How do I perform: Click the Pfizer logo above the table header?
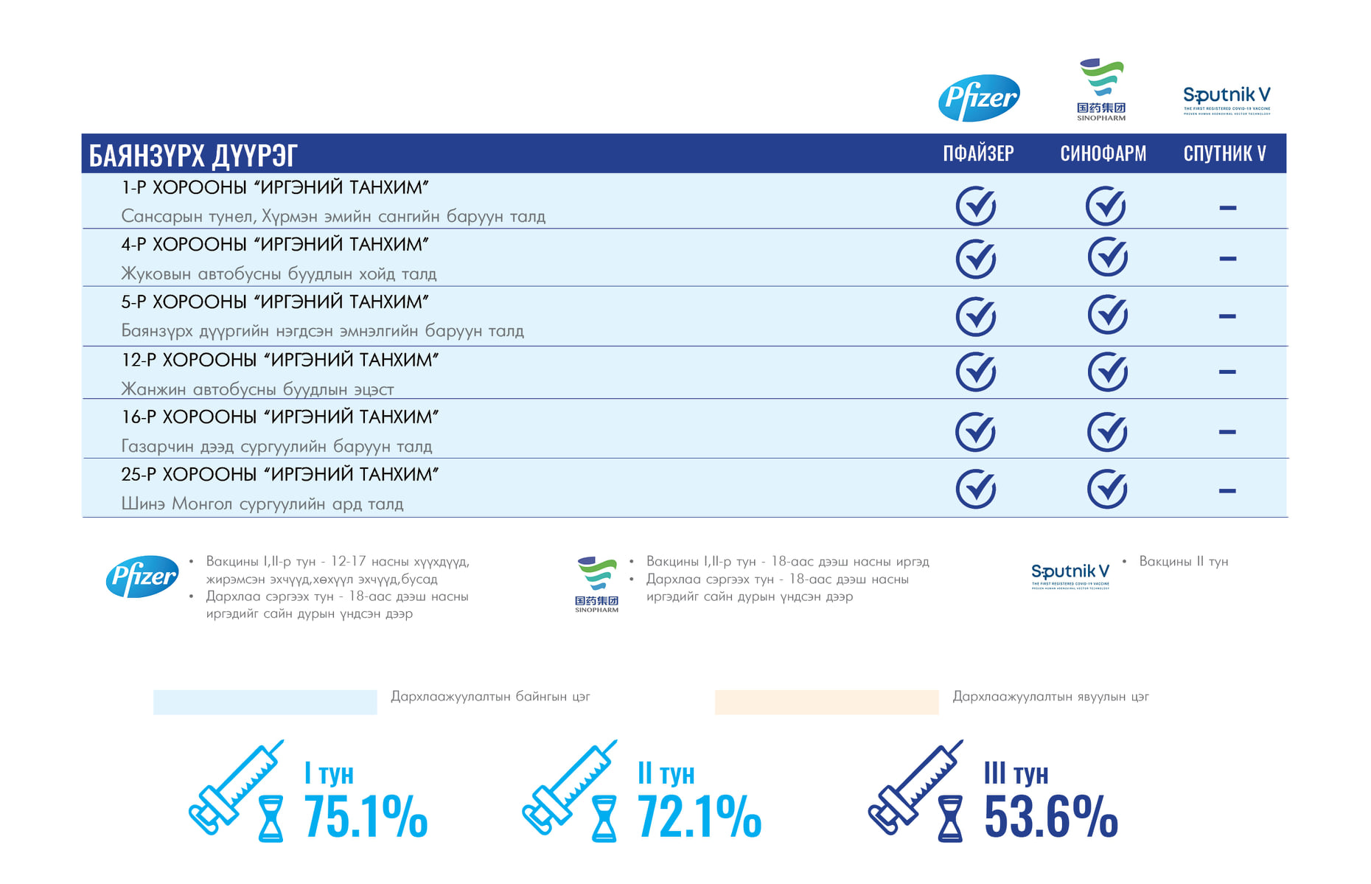(x=979, y=97)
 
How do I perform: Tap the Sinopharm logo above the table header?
(x=1101, y=90)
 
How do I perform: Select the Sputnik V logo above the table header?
(x=1227, y=99)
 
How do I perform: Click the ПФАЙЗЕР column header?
(x=978, y=153)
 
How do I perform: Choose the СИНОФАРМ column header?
(x=1103, y=153)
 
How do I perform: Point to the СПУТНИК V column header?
(x=1224, y=153)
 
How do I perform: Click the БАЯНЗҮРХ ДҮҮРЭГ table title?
(x=193, y=156)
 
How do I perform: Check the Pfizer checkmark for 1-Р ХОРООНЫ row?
(x=976, y=206)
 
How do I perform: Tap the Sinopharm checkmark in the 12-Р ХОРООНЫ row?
(x=1107, y=372)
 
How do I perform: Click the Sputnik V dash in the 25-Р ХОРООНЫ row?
(x=1227, y=490)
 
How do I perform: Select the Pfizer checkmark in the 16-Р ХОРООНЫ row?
(x=975, y=431)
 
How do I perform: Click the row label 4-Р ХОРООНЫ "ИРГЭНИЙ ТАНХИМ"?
(x=275, y=244)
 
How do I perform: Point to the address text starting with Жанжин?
(x=257, y=389)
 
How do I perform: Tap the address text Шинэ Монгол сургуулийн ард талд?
(x=262, y=504)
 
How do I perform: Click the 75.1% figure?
(x=366, y=817)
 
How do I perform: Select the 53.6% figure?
(x=1050, y=817)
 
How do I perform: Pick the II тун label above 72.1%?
(x=666, y=773)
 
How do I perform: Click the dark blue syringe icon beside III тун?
(x=915, y=787)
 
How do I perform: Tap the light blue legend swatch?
(x=265, y=702)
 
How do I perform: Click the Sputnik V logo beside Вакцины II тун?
(x=1070, y=574)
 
